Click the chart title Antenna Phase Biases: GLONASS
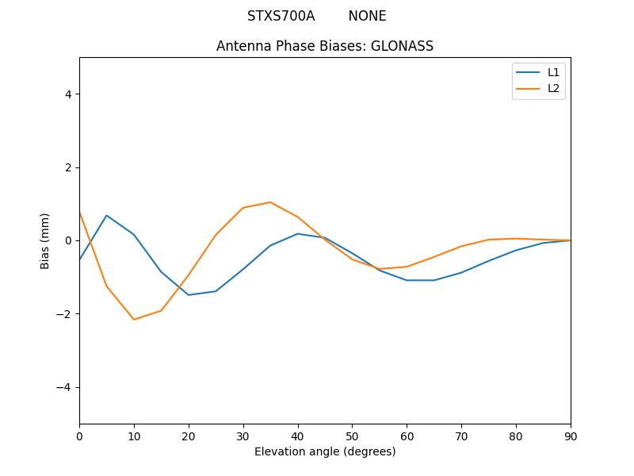tap(325, 46)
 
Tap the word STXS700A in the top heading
tap(281, 16)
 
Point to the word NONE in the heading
tap(367, 16)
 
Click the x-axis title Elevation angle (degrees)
tap(325, 451)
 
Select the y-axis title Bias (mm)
tap(45, 240)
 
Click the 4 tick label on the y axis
tap(67, 94)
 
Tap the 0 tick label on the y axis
tap(67, 240)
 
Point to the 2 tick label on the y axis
tap(67, 167)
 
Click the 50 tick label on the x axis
tap(352, 436)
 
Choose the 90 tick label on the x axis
tap(571, 436)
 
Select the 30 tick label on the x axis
tap(243, 436)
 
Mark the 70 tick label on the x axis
tap(461, 436)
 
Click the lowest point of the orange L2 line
tap(134, 320)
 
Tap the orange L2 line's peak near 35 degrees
tap(270, 202)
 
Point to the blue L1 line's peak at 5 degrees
tap(106, 216)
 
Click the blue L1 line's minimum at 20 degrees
tap(189, 295)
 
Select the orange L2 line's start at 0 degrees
tap(80, 212)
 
